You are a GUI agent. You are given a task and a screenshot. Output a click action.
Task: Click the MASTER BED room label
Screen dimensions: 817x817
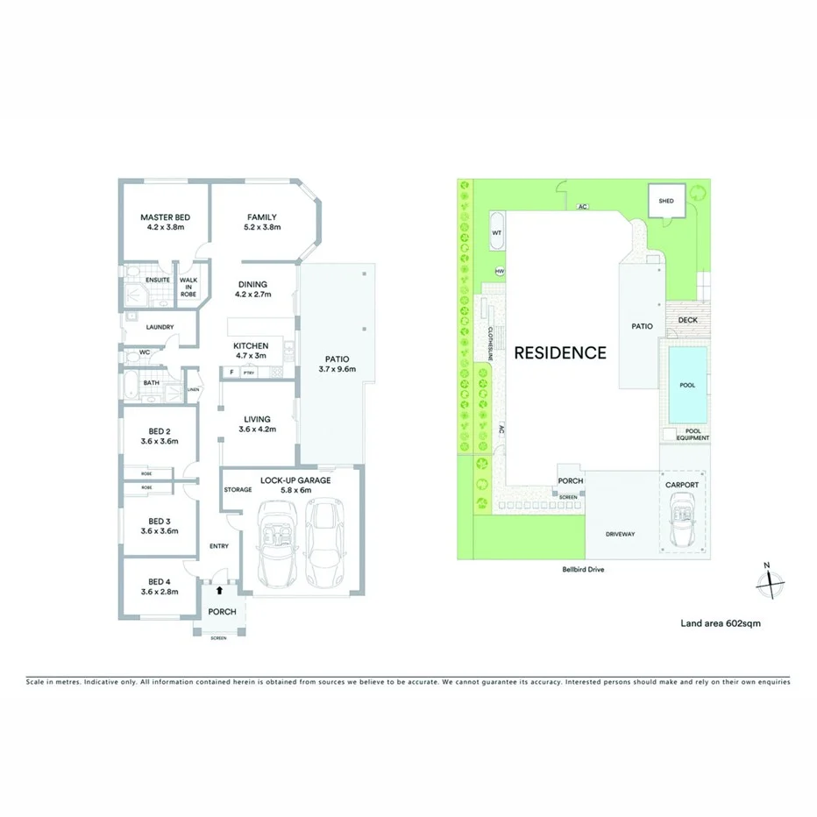pyautogui.click(x=166, y=217)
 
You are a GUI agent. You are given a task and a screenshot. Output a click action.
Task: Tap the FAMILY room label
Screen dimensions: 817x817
pyautogui.click(x=261, y=217)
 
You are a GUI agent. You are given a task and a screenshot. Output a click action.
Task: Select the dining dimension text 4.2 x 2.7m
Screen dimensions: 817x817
pyautogui.click(x=253, y=295)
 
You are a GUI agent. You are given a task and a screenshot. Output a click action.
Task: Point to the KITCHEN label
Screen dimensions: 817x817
pyautogui.click(x=250, y=346)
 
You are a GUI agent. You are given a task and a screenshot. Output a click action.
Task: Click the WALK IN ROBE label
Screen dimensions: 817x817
pyautogui.click(x=188, y=288)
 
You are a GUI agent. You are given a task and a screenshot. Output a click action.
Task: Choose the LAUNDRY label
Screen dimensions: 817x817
pyautogui.click(x=160, y=327)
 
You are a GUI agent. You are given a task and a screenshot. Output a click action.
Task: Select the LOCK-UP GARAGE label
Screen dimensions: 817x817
pyautogui.click(x=295, y=480)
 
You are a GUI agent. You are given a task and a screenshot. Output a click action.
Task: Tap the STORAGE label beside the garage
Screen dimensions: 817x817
pyautogui.click(x=238, y=490)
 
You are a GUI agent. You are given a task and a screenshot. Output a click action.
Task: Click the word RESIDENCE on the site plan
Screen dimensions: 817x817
pyautogui.click(x=559, y=353)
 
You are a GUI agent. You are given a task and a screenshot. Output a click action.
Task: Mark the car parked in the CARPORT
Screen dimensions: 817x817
pyautogui.click(x=683, y=522)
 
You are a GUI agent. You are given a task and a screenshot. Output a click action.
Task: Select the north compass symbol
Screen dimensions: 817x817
pyautogui.click(x=767, y=579)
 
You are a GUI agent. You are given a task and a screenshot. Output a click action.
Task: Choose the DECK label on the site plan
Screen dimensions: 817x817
pyautogui.click(x=688, y=320)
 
